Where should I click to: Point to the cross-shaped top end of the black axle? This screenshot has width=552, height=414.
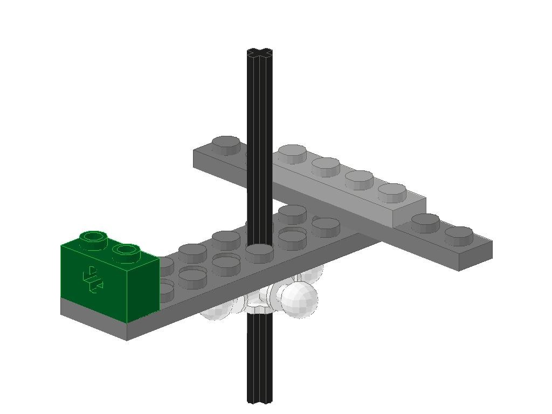click(x=260, y=53)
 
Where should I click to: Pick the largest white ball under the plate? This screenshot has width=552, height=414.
click(x=298, y=298)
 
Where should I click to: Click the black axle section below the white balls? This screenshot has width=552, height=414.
click(x=260, y=356)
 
